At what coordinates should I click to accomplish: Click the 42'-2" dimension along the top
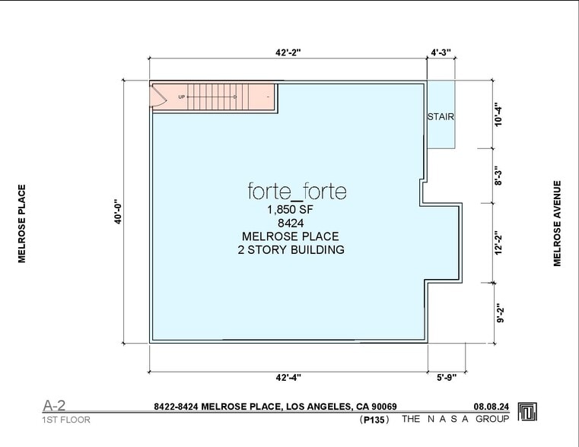pyautogui.click(x=288, y=52)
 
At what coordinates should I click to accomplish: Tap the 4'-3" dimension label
pyautogui.click(x=441, y=52)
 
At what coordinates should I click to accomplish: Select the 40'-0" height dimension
pyautogui.click(x=118, y=212)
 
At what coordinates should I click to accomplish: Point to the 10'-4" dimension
pyautogui.click(x=498, y=116)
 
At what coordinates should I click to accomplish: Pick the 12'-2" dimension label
pyautogui.click(x=498, y=243)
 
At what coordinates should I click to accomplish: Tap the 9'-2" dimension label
pyautogui.click(x=500, y=313)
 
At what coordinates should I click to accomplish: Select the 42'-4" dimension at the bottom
pyautogui.click(x=288, y=377)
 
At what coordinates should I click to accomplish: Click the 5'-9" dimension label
pyautogui.click(x=447, y=377)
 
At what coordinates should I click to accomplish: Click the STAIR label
pyautogui.click(x=441, y=116)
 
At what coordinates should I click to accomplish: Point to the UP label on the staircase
pyautogui.click(x=181, y=97)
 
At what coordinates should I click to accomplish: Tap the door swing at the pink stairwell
pyautogui.click(x=158, y=97)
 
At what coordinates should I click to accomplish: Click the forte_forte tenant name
pyautogui.click(x=297, y=191)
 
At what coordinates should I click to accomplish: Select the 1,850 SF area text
pyautogui.click(x=290, y=210)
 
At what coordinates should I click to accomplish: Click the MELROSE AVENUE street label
pyautogui.click(x=557, y=223)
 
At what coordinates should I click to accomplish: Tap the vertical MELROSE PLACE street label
pyautogui.click(x=22, y=223)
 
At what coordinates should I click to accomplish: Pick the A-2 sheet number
pyautogui.click(x=54, y=405)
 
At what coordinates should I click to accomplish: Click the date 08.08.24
pyautogui.click(x=491, y=407)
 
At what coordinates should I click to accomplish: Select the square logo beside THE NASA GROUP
pyautogui.click(x=527, y=411)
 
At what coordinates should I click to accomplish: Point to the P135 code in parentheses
pyautogui.click(x=374, y=420)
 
